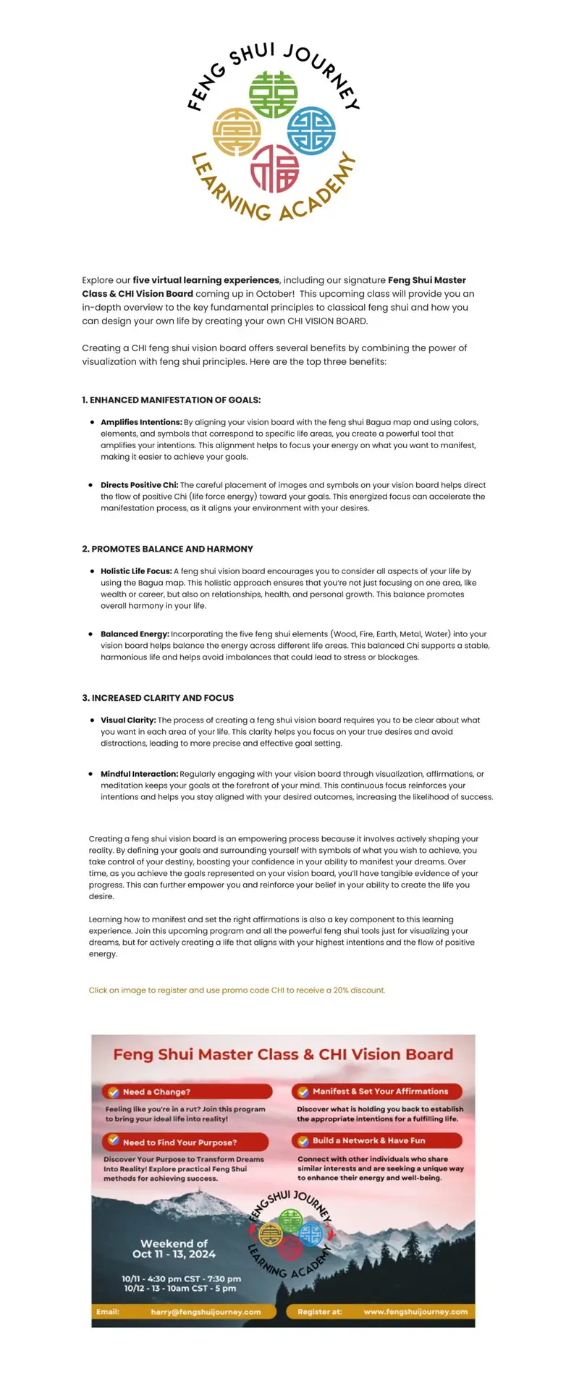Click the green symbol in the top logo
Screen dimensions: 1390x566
tap(274, 95)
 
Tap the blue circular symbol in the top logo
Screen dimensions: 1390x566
tap(311, 131)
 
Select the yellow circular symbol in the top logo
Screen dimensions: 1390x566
tap(237, 132)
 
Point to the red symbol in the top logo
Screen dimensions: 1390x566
tap(274, 168)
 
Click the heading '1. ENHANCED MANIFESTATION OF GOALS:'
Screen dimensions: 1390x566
tap(172, 400)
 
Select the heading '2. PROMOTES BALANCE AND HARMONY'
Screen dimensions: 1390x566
tap(167, 549)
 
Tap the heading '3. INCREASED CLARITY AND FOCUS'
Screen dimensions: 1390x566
tap(158, 698)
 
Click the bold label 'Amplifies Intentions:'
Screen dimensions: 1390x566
tap(141, 422)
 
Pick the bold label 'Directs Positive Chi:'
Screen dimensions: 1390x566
tap(139, 485)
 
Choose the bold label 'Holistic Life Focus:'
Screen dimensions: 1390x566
tap(136, 571)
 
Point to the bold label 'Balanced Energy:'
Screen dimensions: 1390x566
tap(135, 634)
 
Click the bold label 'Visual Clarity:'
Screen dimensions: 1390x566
tap(128, 720)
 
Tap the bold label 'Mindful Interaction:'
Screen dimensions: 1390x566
tap(139, 774)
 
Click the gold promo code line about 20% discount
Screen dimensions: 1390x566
tap(237, 990)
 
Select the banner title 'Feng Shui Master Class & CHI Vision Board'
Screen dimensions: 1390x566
tap(283, 1055)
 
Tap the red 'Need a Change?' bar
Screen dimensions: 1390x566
tap(187, 1092)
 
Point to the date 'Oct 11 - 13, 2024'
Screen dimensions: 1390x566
tap(174, 1254)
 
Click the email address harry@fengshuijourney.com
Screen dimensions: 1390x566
tap(206, 1312)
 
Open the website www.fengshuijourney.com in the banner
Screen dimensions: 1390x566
tap(415, 1312)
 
